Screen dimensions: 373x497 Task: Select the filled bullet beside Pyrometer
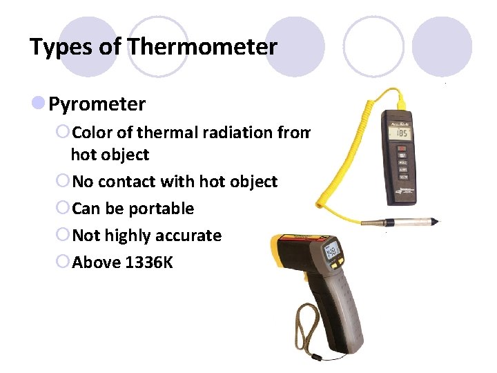point(39,104)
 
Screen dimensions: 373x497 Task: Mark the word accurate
point(186,236)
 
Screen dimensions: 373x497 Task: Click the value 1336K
point(150,262)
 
